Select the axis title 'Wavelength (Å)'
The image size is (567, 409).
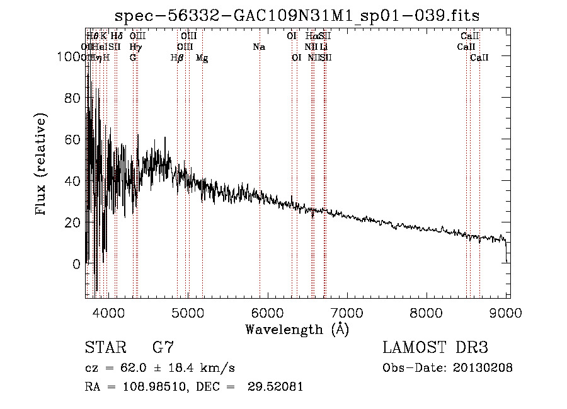tap(297, 329)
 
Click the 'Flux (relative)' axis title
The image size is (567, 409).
tap(42, 165)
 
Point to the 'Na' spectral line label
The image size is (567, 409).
tap(259, 47)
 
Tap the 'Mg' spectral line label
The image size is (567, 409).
tap(202, 58)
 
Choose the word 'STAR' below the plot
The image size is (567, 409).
tap(104, 347)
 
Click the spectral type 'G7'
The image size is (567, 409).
tap(163, 347)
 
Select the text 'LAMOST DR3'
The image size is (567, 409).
tap(435, 347)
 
